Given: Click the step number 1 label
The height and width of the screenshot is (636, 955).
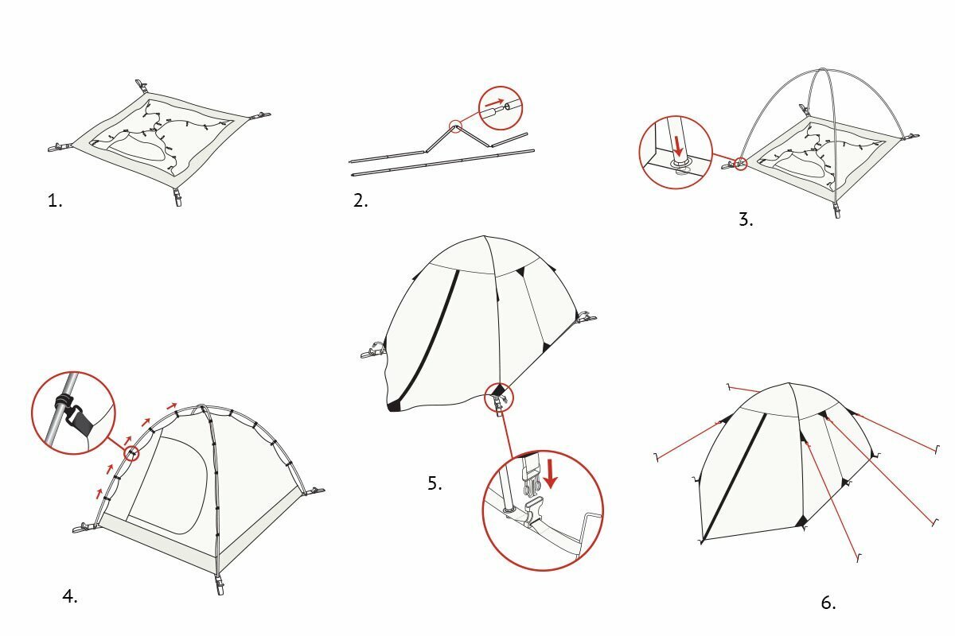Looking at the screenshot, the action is [x=55, y=200].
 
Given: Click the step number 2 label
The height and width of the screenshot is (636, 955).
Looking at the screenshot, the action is [x=361, y=200].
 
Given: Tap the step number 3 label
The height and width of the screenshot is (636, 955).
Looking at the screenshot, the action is [x=746, y=219].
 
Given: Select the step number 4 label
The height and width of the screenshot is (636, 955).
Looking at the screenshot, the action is [x=70, y=596].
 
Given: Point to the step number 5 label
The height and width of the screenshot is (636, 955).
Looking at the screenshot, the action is [x=435, y=483].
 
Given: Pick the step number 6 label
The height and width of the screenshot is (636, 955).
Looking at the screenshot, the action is [x=828, y=603].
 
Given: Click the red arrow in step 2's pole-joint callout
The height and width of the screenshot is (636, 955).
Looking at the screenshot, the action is [x=494, y=103].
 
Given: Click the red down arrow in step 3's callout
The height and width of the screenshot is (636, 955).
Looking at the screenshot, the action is [x=678, y=147].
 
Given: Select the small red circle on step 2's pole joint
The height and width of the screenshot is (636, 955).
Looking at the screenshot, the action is [x=456, y=126].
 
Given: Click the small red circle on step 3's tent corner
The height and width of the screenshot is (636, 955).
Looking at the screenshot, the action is [x=741, y=164].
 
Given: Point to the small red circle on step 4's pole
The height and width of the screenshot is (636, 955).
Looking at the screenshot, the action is [x=131, y=454].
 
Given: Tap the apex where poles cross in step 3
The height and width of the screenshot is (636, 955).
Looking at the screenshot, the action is [x=822, y=69].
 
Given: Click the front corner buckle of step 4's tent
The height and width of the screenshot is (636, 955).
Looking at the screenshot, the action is [x=220, y=584].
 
